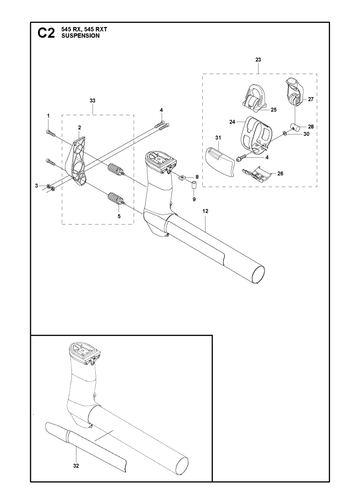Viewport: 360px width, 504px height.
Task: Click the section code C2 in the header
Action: tap(46, 33)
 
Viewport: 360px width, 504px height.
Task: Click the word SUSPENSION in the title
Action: tap(80, 36)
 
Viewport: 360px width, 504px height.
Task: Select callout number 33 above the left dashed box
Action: tap(93, 100)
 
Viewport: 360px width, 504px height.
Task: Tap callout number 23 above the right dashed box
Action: tap(258, 60)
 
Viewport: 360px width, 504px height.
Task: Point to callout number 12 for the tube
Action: tap(205, 211)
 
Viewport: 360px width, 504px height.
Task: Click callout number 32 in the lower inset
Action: tap(76, 466)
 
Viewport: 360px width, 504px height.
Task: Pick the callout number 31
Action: tap(218, 138)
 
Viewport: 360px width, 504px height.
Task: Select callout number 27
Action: tap(311, 99)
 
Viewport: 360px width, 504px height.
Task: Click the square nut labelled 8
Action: tap(183, 177)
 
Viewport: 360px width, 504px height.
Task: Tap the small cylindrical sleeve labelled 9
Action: tap(193, 186)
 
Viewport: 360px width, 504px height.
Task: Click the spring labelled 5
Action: tap(116, 199)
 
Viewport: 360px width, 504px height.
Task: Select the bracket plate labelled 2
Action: tap(79, 160)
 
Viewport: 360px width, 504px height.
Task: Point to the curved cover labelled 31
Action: tap(219, 161)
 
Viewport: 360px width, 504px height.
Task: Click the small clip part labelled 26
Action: tap(256, 174)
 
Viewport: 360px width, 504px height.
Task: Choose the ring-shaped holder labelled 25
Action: tap(256, 97)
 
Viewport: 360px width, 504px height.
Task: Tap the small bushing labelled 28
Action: tap(295, 127)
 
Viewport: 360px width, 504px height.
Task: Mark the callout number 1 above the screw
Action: tap(48, 116)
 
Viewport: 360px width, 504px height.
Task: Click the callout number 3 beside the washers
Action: tap(37, 186)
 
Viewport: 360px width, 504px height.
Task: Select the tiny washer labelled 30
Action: tap(285, 134)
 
